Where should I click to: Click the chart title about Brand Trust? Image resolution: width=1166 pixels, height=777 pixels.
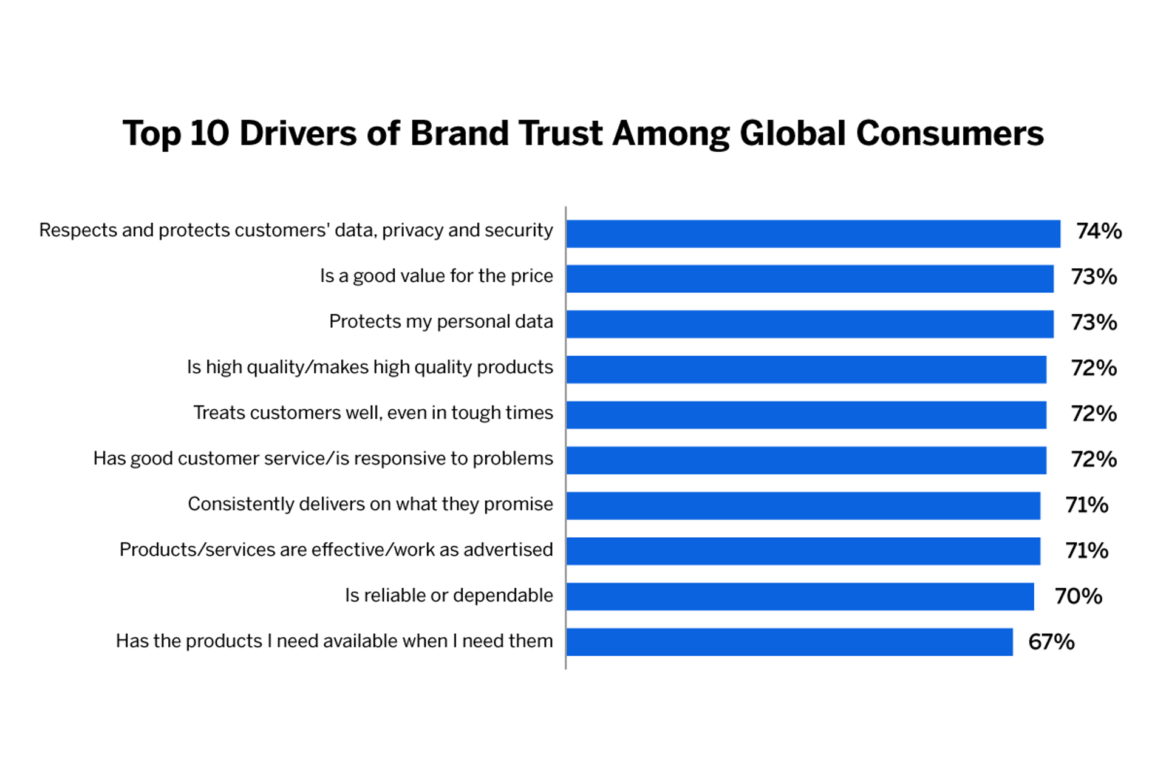(x=583, y=134)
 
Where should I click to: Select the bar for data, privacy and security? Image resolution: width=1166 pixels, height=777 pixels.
(x=813, y=234)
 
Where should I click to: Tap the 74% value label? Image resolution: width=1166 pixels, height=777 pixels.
(x=1099, y=231)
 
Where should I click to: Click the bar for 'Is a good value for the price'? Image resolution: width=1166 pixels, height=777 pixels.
(x=810, y=279)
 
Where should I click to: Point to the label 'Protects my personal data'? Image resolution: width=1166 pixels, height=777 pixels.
(x=441, y=321)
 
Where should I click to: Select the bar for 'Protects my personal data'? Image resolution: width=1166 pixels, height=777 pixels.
(x=810, y=324)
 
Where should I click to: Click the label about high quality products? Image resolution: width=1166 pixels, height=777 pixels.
(x=370, y=367)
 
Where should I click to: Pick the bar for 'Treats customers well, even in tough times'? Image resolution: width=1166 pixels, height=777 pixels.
(x=806, y=415)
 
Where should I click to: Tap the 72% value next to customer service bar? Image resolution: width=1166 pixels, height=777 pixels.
(x=1093, y=460)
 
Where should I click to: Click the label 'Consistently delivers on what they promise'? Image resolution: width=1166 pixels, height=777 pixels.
(x=370, y=504)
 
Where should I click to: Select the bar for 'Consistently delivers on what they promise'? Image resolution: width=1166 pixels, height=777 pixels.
(x=803, y=506)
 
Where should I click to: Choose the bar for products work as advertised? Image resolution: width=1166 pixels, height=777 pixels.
(x=803, y=551)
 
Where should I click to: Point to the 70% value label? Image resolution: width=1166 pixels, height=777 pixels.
(x=1078, y=596)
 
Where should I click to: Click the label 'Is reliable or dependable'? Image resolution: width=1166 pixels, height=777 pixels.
(x=449, y=595)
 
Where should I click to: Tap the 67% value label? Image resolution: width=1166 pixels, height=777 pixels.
(x=1051, y=642)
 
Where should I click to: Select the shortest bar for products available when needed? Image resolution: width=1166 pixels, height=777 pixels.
(x=789, y=642)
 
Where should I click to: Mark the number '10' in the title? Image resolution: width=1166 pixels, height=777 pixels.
(x=210, y=134)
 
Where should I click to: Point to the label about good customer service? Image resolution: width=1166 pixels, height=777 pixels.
(x=323, y=458)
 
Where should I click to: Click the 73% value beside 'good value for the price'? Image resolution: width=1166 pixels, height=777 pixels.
(x=1093, y=277)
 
